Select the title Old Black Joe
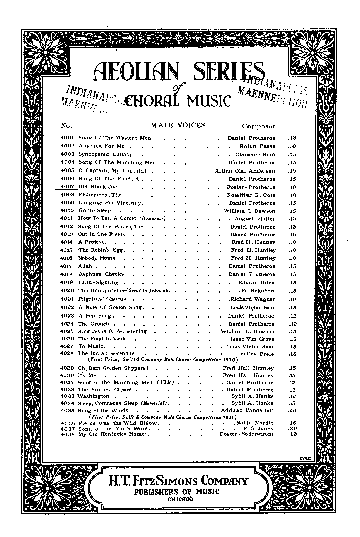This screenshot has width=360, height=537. (x=97, y=187)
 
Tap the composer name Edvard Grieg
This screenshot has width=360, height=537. (x=257, y=282)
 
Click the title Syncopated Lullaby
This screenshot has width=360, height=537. (x=105, y=154)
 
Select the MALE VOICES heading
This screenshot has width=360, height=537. (x=178, y=125)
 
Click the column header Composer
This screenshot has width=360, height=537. (x=259, y=126)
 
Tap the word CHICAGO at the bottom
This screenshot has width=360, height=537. (x=180, y=499)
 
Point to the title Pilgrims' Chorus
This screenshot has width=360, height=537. (x=102, y=299)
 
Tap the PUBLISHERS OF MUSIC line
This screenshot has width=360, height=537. (x=177, y=491)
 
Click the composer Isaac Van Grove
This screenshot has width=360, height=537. (x=252, y=339)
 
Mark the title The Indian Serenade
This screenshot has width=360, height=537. (x=106, y=353)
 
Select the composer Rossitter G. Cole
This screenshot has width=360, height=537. (x=251, y=195)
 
